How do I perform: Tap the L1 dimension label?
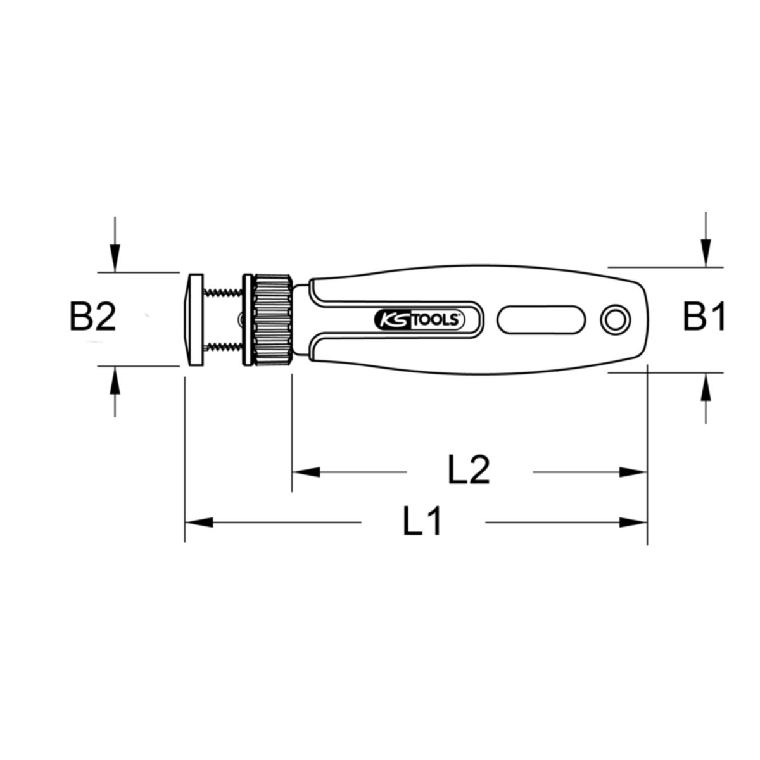(x=422, y=521)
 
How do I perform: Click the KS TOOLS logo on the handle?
(x=419, y=319)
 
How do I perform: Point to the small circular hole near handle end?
(x=615, y=320)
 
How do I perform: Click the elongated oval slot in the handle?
(x=541, y=319)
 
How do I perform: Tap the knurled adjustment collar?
(x=273, y=319)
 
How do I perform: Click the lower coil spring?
(x=223, y=347)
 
